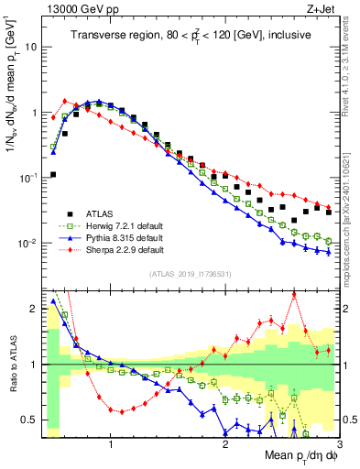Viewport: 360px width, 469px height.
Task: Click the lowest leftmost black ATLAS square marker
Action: coord(53,174)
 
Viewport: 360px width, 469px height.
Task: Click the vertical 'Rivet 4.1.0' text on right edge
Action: coord(351,55)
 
